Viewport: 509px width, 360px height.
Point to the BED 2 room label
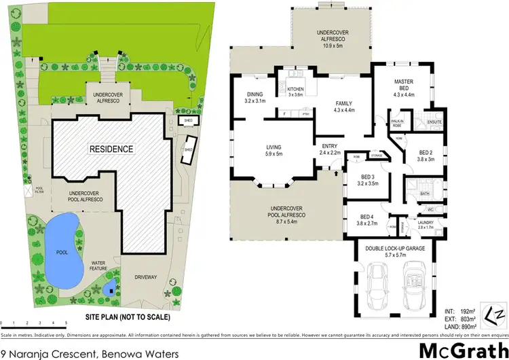[426, 156]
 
